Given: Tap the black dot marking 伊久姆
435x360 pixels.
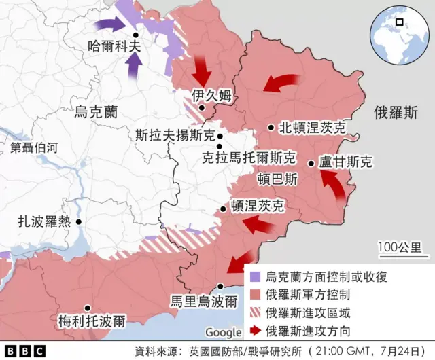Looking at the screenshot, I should [201, 108].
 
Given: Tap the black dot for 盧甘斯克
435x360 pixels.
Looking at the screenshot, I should [311, 163].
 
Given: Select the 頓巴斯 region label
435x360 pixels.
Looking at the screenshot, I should [277, 180].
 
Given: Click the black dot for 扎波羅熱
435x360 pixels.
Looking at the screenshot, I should [79, 221].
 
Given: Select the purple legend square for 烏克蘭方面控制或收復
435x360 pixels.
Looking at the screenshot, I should [255, 277].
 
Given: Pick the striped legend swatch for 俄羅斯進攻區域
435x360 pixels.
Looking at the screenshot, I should [255, 313].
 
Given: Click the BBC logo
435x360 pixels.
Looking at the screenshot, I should [23, 350].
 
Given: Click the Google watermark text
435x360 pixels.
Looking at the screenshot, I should [223, 332].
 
